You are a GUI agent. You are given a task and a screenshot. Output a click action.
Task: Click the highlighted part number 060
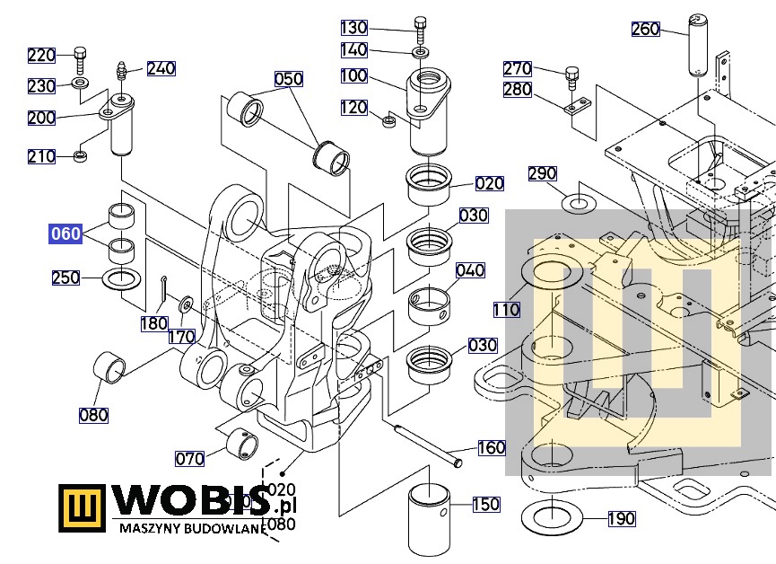(65, 234)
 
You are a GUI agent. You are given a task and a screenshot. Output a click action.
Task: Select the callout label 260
(646, 30)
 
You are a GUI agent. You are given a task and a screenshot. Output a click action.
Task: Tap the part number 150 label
(485, 504)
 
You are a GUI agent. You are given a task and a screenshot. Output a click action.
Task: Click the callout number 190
(621, 518)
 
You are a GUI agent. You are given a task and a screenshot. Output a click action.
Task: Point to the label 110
(506, 310)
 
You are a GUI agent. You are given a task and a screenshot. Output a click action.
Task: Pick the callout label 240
(161, 68)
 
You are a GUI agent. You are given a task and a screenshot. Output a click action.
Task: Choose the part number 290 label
(543, 173)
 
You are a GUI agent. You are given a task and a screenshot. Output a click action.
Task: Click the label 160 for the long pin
(491, 447)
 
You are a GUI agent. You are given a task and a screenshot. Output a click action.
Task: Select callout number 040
(470, 270)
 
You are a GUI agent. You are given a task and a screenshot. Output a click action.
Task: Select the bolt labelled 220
(80, 57)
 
